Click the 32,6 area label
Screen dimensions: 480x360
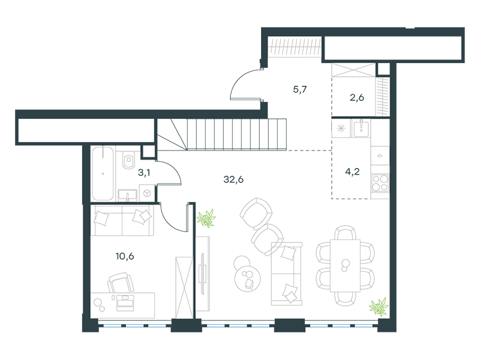(233, 179)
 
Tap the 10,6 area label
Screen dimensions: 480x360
(125, 256)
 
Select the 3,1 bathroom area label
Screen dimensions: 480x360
(144, 173)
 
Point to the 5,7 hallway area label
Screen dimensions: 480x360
(299, 89)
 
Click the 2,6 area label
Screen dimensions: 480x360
(356, 98)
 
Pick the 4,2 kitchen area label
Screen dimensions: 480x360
(352, 172)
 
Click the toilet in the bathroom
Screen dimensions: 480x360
(128, 159)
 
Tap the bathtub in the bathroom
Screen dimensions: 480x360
(103, 173)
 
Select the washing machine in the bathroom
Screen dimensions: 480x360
(147, 193)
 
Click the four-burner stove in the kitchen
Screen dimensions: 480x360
(380, 183)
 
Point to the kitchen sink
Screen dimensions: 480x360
(361, 128)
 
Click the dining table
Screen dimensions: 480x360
(345, 266)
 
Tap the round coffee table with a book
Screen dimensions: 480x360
(248, 278)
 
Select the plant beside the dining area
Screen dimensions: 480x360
(379, 307)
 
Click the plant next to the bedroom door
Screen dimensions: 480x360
(206, 218)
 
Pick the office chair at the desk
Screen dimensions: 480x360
(121, 283)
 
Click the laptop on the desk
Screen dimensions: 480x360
(125, 303)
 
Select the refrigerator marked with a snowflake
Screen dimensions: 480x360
(341, 128)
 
